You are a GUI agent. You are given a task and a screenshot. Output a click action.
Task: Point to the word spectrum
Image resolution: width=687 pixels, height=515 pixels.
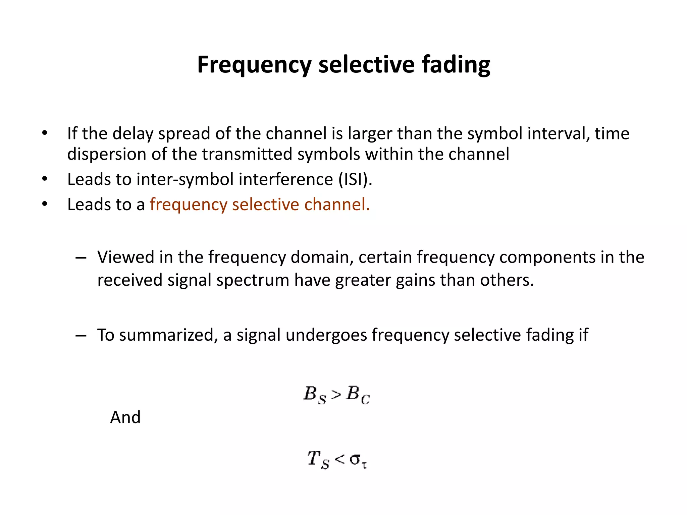click(x=253, y=280)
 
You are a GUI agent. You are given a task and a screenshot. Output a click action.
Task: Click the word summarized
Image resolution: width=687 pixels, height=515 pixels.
click(x=166, y=335)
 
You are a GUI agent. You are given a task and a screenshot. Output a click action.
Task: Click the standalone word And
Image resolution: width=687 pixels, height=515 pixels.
click(x=125, y=417)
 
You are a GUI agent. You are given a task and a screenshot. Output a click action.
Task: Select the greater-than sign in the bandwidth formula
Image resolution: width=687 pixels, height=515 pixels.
click(x=336, y=395)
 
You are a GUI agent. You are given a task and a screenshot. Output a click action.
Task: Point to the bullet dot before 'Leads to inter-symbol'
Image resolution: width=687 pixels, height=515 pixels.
click(x=45, y=179)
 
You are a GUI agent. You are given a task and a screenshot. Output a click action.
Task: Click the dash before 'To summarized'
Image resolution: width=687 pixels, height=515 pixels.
click(x=81, y=335)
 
